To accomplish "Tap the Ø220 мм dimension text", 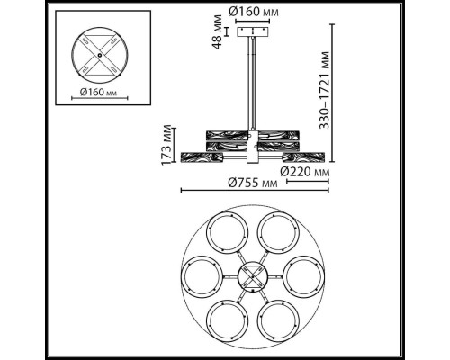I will (303, 171).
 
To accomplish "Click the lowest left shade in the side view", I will (203, 157).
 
